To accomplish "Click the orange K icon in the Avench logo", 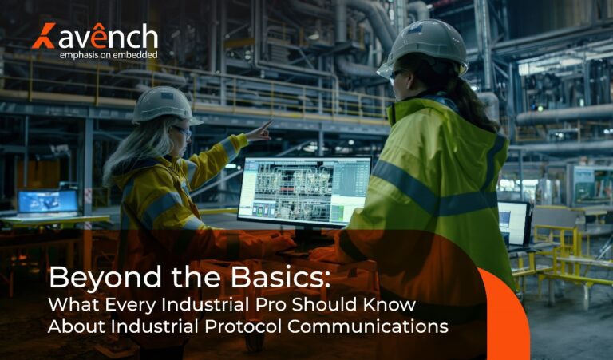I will click(42, 36).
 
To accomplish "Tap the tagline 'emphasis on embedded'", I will click(109, 55).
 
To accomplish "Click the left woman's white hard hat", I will click(164, 104).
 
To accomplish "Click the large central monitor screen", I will click(304, 190).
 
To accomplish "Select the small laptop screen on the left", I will click(48, 201).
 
